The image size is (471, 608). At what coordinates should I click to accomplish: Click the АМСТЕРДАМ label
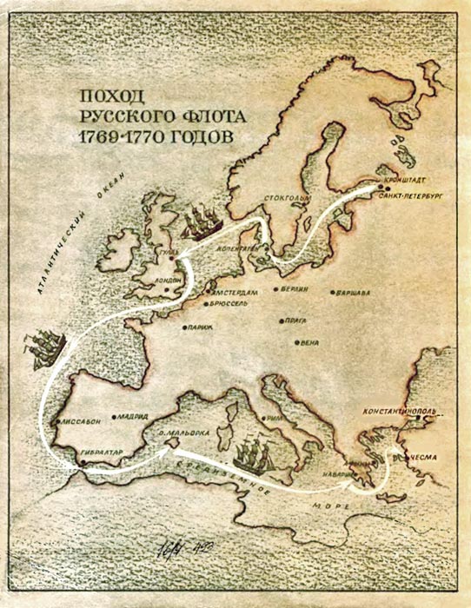click(238, 293)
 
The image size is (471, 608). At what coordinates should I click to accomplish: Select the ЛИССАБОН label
click(82, 420)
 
